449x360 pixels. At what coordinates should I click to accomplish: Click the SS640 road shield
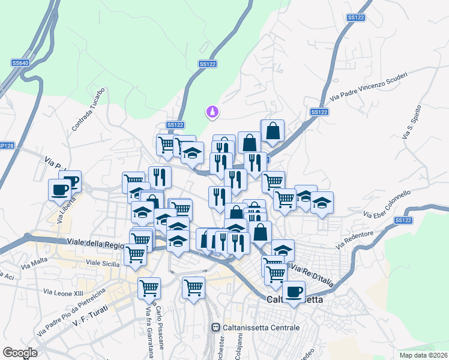(20, 62)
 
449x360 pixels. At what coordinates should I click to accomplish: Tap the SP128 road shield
(6, 145)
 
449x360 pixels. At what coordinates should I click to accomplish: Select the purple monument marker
(211, 112)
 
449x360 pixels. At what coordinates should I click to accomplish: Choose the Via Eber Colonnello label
(387, 205)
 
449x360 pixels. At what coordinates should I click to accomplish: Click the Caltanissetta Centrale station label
(259, 328)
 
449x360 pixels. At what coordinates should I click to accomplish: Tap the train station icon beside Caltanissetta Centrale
(215, 328)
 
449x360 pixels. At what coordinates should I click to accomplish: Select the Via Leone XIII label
(63, 292)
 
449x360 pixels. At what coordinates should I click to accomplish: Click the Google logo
(20, 353)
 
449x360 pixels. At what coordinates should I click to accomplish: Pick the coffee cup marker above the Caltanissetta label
(294, 292)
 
